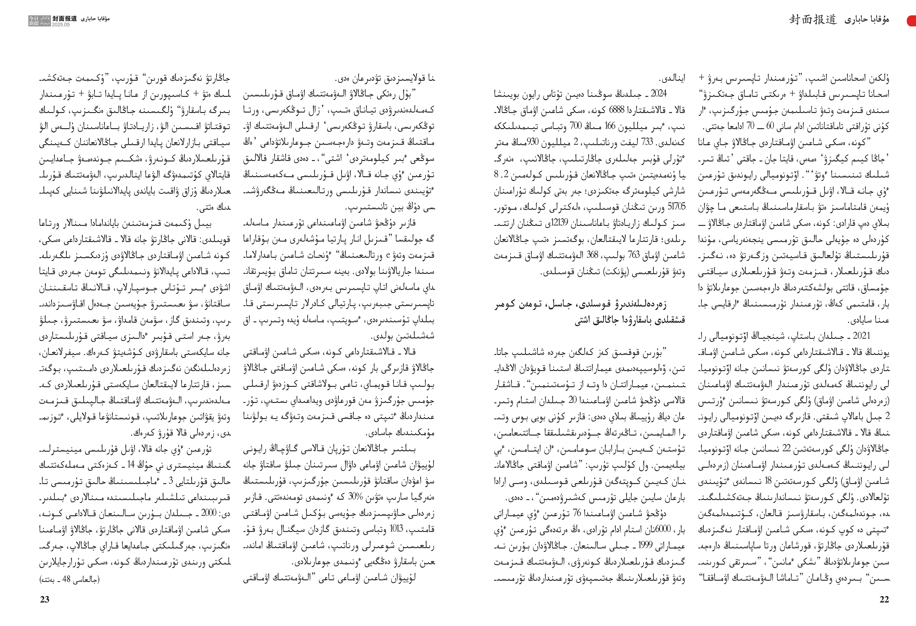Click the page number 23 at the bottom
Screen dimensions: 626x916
click(45, 599)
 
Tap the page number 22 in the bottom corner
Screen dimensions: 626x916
click(884, 599)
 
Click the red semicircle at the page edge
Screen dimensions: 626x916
click(912, 21)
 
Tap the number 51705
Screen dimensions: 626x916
click(676, 206)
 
